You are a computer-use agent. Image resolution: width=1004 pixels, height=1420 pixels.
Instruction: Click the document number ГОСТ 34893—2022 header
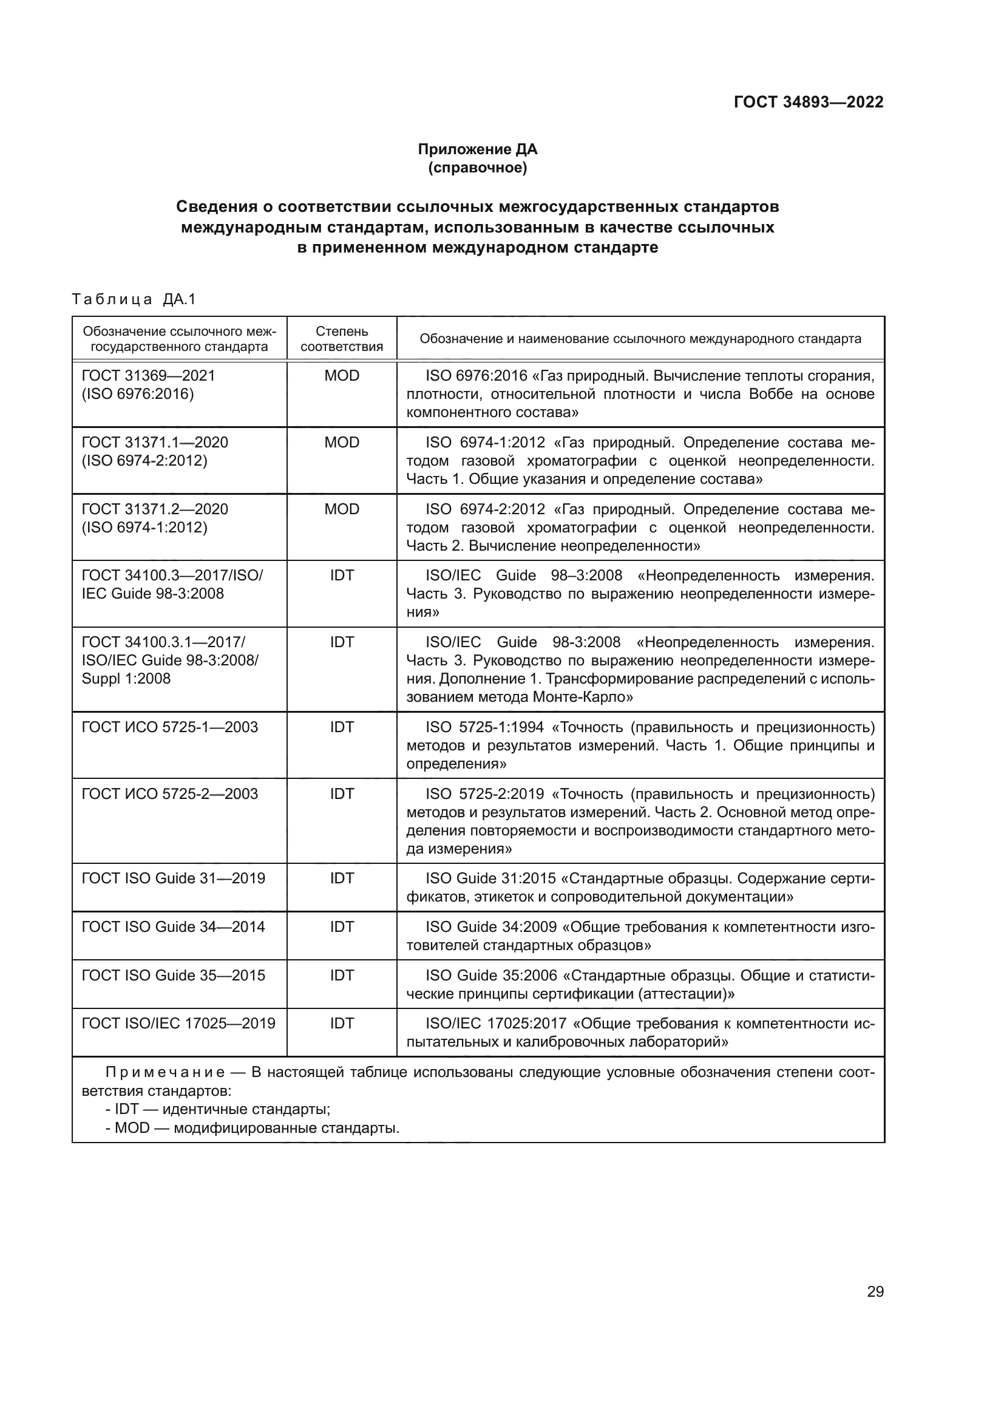pos(808,102)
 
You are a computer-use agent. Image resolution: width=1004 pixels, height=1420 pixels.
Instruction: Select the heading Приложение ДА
pos(477,149)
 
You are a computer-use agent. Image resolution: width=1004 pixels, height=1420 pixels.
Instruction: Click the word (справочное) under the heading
pos(477,168)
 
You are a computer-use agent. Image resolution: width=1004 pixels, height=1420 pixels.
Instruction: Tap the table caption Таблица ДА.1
pos(134,299)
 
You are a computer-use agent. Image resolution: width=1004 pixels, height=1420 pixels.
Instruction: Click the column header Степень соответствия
pos(341,338)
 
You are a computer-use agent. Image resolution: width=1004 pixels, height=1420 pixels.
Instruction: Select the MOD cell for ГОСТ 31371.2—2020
pos(341,509)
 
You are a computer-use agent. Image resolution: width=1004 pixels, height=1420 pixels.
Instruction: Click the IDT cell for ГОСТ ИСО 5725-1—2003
pos(341,727)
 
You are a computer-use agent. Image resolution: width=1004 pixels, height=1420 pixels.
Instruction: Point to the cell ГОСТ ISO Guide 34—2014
pos(173,926)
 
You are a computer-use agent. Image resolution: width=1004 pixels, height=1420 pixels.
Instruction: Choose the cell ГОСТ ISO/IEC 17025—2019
pos(178,1023)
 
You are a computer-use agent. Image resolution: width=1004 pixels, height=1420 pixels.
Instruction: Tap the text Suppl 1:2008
pos(126,679)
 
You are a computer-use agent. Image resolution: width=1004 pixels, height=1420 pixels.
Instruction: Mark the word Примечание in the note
pos(165,1072)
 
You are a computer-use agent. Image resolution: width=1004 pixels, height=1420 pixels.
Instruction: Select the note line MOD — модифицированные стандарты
pos(253,1127)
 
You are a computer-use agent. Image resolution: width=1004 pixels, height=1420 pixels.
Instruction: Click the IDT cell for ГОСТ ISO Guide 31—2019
pos(341,878)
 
